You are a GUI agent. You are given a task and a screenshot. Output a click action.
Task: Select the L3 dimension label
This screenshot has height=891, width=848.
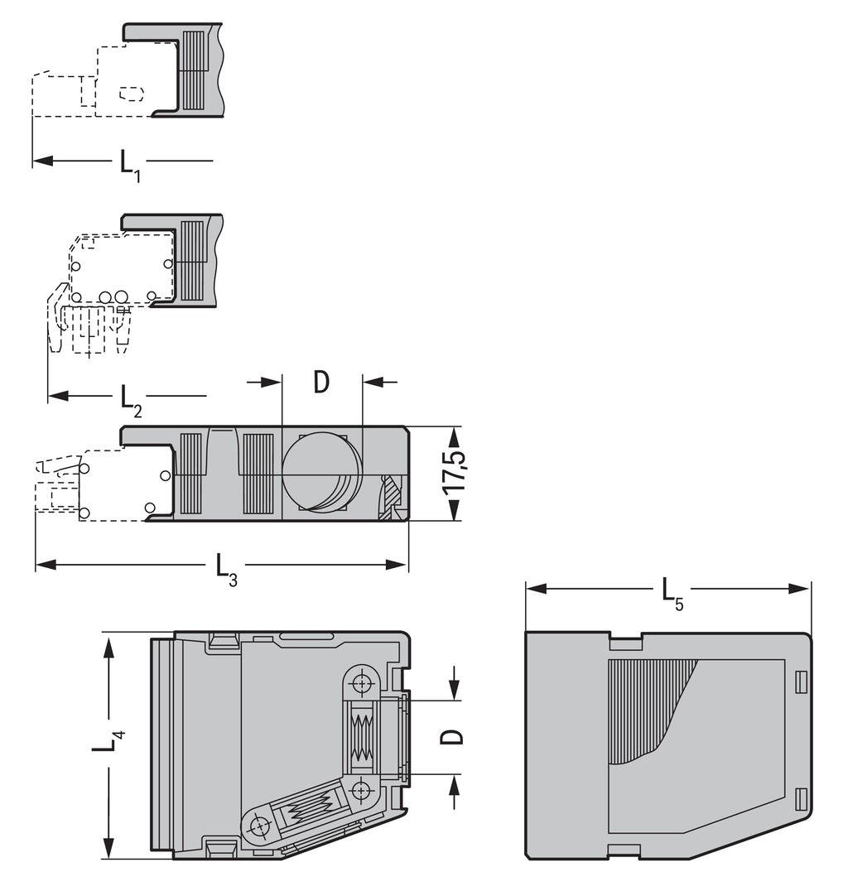pyautogui.click(x=226, y=568)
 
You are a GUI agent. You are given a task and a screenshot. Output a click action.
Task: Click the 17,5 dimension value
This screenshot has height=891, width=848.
pyautogui.click(x=454, y=472)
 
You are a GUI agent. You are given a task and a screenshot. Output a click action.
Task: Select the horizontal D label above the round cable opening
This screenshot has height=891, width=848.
pyautogui.click(x=321, y=382)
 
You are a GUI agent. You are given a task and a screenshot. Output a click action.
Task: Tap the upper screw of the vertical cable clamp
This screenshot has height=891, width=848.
pyautogui.click(x=362, y=684)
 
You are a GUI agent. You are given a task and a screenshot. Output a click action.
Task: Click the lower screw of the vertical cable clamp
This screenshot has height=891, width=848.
pyautogui.click(x=362, y=790)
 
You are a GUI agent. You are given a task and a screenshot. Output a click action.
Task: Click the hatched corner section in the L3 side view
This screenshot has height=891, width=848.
pyautogui.click(x=390, y=499)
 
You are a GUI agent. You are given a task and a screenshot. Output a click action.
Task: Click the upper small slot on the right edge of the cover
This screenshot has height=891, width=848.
pyautogui.click(x=800, y=681)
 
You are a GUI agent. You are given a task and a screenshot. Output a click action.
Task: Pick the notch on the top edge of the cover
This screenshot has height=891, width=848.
pyautogui.click(x=625, y=638)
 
